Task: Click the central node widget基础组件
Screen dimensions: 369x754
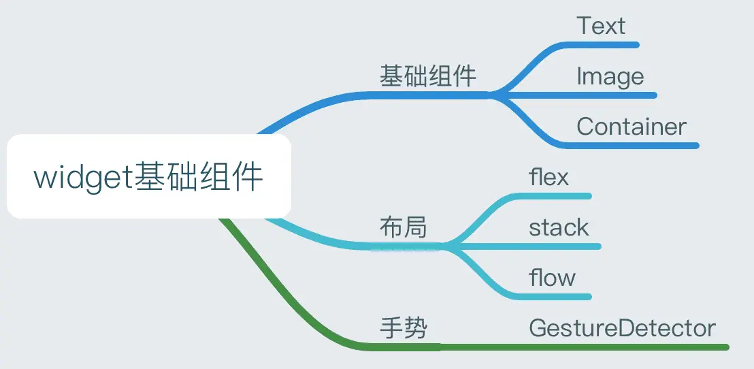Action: [148, 177]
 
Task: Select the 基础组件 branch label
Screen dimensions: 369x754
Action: [427, 76]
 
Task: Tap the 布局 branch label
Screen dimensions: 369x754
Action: [403, 227]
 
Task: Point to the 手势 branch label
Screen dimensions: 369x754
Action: [403, 329]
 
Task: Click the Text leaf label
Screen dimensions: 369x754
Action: [600, 27]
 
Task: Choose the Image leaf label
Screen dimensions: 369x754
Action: [610, 76]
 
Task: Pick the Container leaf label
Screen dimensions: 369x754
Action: [632, 127]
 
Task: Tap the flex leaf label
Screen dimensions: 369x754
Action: [548, 178]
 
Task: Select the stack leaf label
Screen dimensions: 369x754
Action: [559, 227]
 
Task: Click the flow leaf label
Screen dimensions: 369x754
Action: [552, 278]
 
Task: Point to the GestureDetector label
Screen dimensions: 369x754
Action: [622, 329]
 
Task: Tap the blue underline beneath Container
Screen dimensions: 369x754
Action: [633, 145]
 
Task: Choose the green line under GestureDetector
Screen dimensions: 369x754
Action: [612, 347]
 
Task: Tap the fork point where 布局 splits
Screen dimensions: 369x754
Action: [444, 246]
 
